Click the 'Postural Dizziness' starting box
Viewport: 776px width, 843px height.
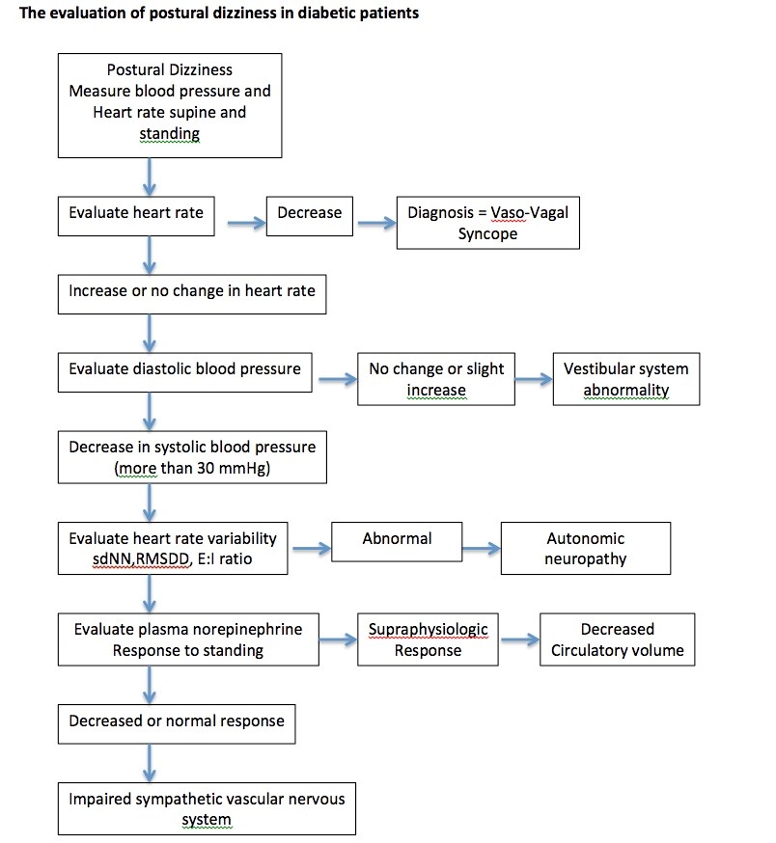click(x=170, y=105)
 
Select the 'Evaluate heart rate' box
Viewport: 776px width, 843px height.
click(x=136, y=216)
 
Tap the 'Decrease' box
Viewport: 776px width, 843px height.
click(x=310, y=216)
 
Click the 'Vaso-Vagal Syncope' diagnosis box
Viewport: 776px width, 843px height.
click(x=488, y=223)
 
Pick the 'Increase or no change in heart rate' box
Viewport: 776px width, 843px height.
click(x=192, y=294)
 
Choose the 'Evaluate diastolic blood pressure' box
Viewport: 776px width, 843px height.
click(x=184, y=372)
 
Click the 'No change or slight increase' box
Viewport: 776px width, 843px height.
click(x=436, y=379)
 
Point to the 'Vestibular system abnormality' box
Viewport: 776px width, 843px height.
click(x=626, y=379)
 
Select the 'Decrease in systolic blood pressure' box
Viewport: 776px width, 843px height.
click(x=192, y=457)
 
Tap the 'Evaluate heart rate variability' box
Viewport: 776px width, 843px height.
click(x=173, y=549)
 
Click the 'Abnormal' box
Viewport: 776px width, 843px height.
click(x=397, y=542)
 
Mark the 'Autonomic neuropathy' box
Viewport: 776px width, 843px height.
click(x=586, y=549)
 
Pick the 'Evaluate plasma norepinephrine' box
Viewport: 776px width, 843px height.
click(x=188, y=639)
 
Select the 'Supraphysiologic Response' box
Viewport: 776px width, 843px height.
click(x=428, y=639)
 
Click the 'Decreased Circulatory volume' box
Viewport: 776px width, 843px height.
click(x=618, y=639)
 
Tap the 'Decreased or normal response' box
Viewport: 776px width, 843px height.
click(x=177, y=724)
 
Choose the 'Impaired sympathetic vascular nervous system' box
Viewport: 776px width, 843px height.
click(x=207, y=808)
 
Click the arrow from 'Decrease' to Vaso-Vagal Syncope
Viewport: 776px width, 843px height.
click(x=376, y=223)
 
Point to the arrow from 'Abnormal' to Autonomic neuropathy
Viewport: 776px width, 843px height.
click(x=482, y=549)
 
